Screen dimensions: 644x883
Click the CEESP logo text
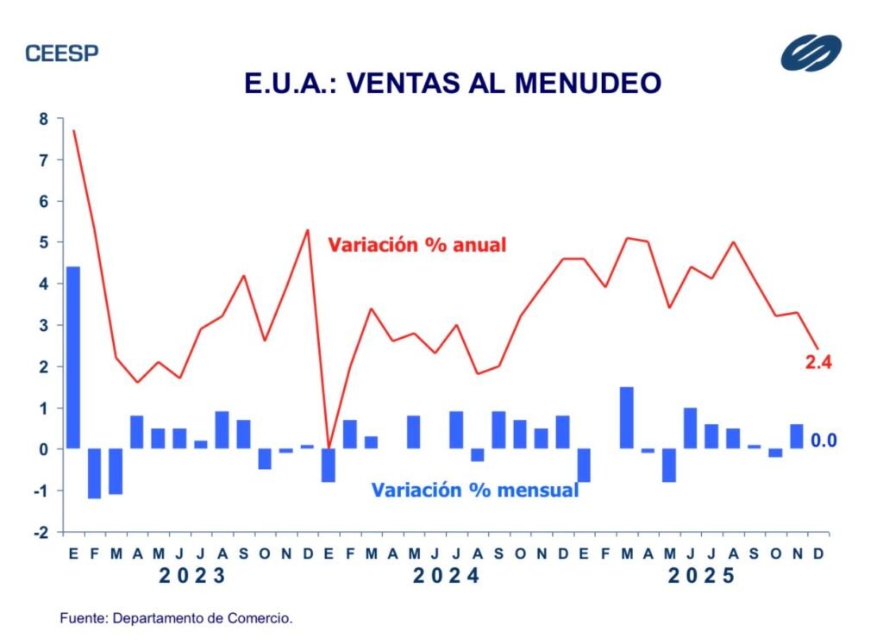tap(62, 53)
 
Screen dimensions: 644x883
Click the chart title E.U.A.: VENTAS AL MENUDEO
tap(453, 84)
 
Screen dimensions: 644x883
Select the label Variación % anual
tap(416, 245)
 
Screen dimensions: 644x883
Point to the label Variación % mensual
tap(474, 490)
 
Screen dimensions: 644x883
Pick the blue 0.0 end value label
tap(824, 441)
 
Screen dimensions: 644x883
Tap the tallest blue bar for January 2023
tap(73, 358)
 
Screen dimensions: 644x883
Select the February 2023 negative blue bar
tap(94, 473)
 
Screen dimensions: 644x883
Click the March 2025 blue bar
tap(627, 418)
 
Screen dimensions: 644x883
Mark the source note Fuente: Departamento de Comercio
tap(177, 618)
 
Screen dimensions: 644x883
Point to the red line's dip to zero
tap(329, 447)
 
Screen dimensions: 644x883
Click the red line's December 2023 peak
tap(308, 230)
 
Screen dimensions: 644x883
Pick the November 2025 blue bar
tap(796, 436)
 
